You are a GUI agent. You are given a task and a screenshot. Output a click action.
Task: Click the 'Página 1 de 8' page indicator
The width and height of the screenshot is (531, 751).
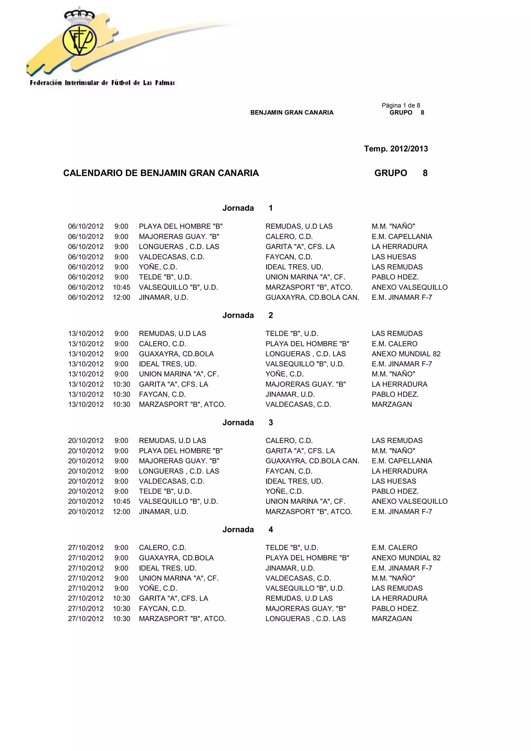401,105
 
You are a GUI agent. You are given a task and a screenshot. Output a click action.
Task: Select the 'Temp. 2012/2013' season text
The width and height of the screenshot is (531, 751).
396,149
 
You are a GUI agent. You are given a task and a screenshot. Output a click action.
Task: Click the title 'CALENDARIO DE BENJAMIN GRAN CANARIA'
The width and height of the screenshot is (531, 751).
161,173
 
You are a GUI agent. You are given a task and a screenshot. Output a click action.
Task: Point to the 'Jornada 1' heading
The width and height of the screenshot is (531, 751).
247,208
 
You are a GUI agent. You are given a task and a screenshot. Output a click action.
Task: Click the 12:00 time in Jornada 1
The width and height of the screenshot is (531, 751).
121,297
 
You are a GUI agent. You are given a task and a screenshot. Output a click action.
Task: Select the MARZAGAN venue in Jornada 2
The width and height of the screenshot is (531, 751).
392,404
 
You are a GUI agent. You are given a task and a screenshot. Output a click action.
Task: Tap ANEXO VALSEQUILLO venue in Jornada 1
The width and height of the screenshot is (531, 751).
409,287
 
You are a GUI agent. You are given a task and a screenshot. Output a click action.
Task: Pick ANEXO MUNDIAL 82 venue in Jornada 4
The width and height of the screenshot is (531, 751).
406,558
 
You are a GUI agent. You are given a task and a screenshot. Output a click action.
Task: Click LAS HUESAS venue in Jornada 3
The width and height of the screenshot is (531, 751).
394,481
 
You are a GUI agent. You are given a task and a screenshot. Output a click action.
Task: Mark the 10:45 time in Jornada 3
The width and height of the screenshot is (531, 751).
121,501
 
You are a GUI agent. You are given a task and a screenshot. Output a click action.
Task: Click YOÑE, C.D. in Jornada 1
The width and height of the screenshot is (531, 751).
158,267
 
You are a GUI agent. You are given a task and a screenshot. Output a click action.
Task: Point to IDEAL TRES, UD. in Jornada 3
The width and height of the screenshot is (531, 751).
294,481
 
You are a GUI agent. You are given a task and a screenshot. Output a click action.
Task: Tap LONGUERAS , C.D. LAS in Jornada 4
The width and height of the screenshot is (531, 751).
305,619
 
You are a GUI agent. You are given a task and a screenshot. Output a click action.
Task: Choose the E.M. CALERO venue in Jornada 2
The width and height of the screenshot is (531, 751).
394,344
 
